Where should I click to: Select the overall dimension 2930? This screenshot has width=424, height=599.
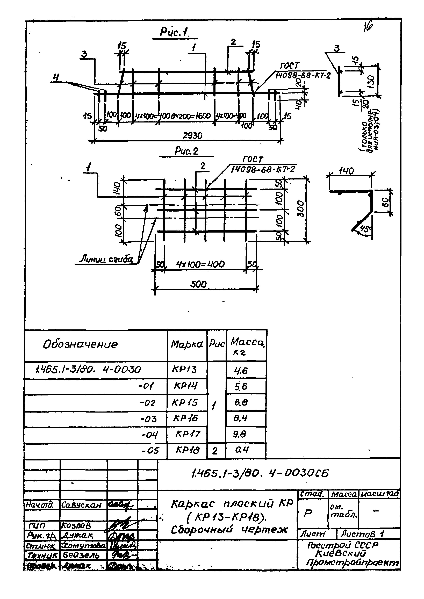(x=192, y=136)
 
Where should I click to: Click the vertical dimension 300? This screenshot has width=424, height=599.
(x=301, y=209)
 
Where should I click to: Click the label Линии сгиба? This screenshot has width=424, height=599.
(x=106, y=259)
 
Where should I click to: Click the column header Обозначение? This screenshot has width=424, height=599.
(x=80, y=344)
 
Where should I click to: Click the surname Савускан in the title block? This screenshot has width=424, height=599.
(x=81, y=505)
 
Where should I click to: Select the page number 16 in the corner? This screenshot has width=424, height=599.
(x=368, y=27)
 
